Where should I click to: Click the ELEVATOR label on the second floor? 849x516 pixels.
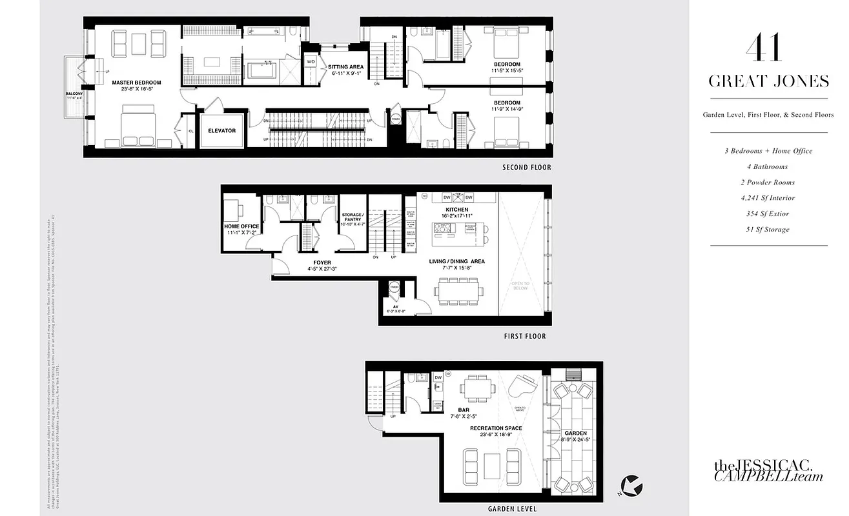click(x=221, y=131)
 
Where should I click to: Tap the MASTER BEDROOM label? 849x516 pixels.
click(x=136, y=83)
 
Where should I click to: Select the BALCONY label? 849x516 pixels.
click(x=73, y=94)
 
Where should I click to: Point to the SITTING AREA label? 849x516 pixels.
click(x=346, y=66)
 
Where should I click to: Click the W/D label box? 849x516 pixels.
click(x=311, y=62)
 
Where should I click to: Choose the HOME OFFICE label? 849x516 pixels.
click(x=241, y=226)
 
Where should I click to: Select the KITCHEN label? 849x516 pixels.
click(x=456, y=210)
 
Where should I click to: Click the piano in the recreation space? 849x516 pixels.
click(x=521, y=387)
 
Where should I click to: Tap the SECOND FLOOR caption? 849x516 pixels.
click(x=527, y=168)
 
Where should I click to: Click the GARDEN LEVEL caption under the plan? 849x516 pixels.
click(x=513, y=509)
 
